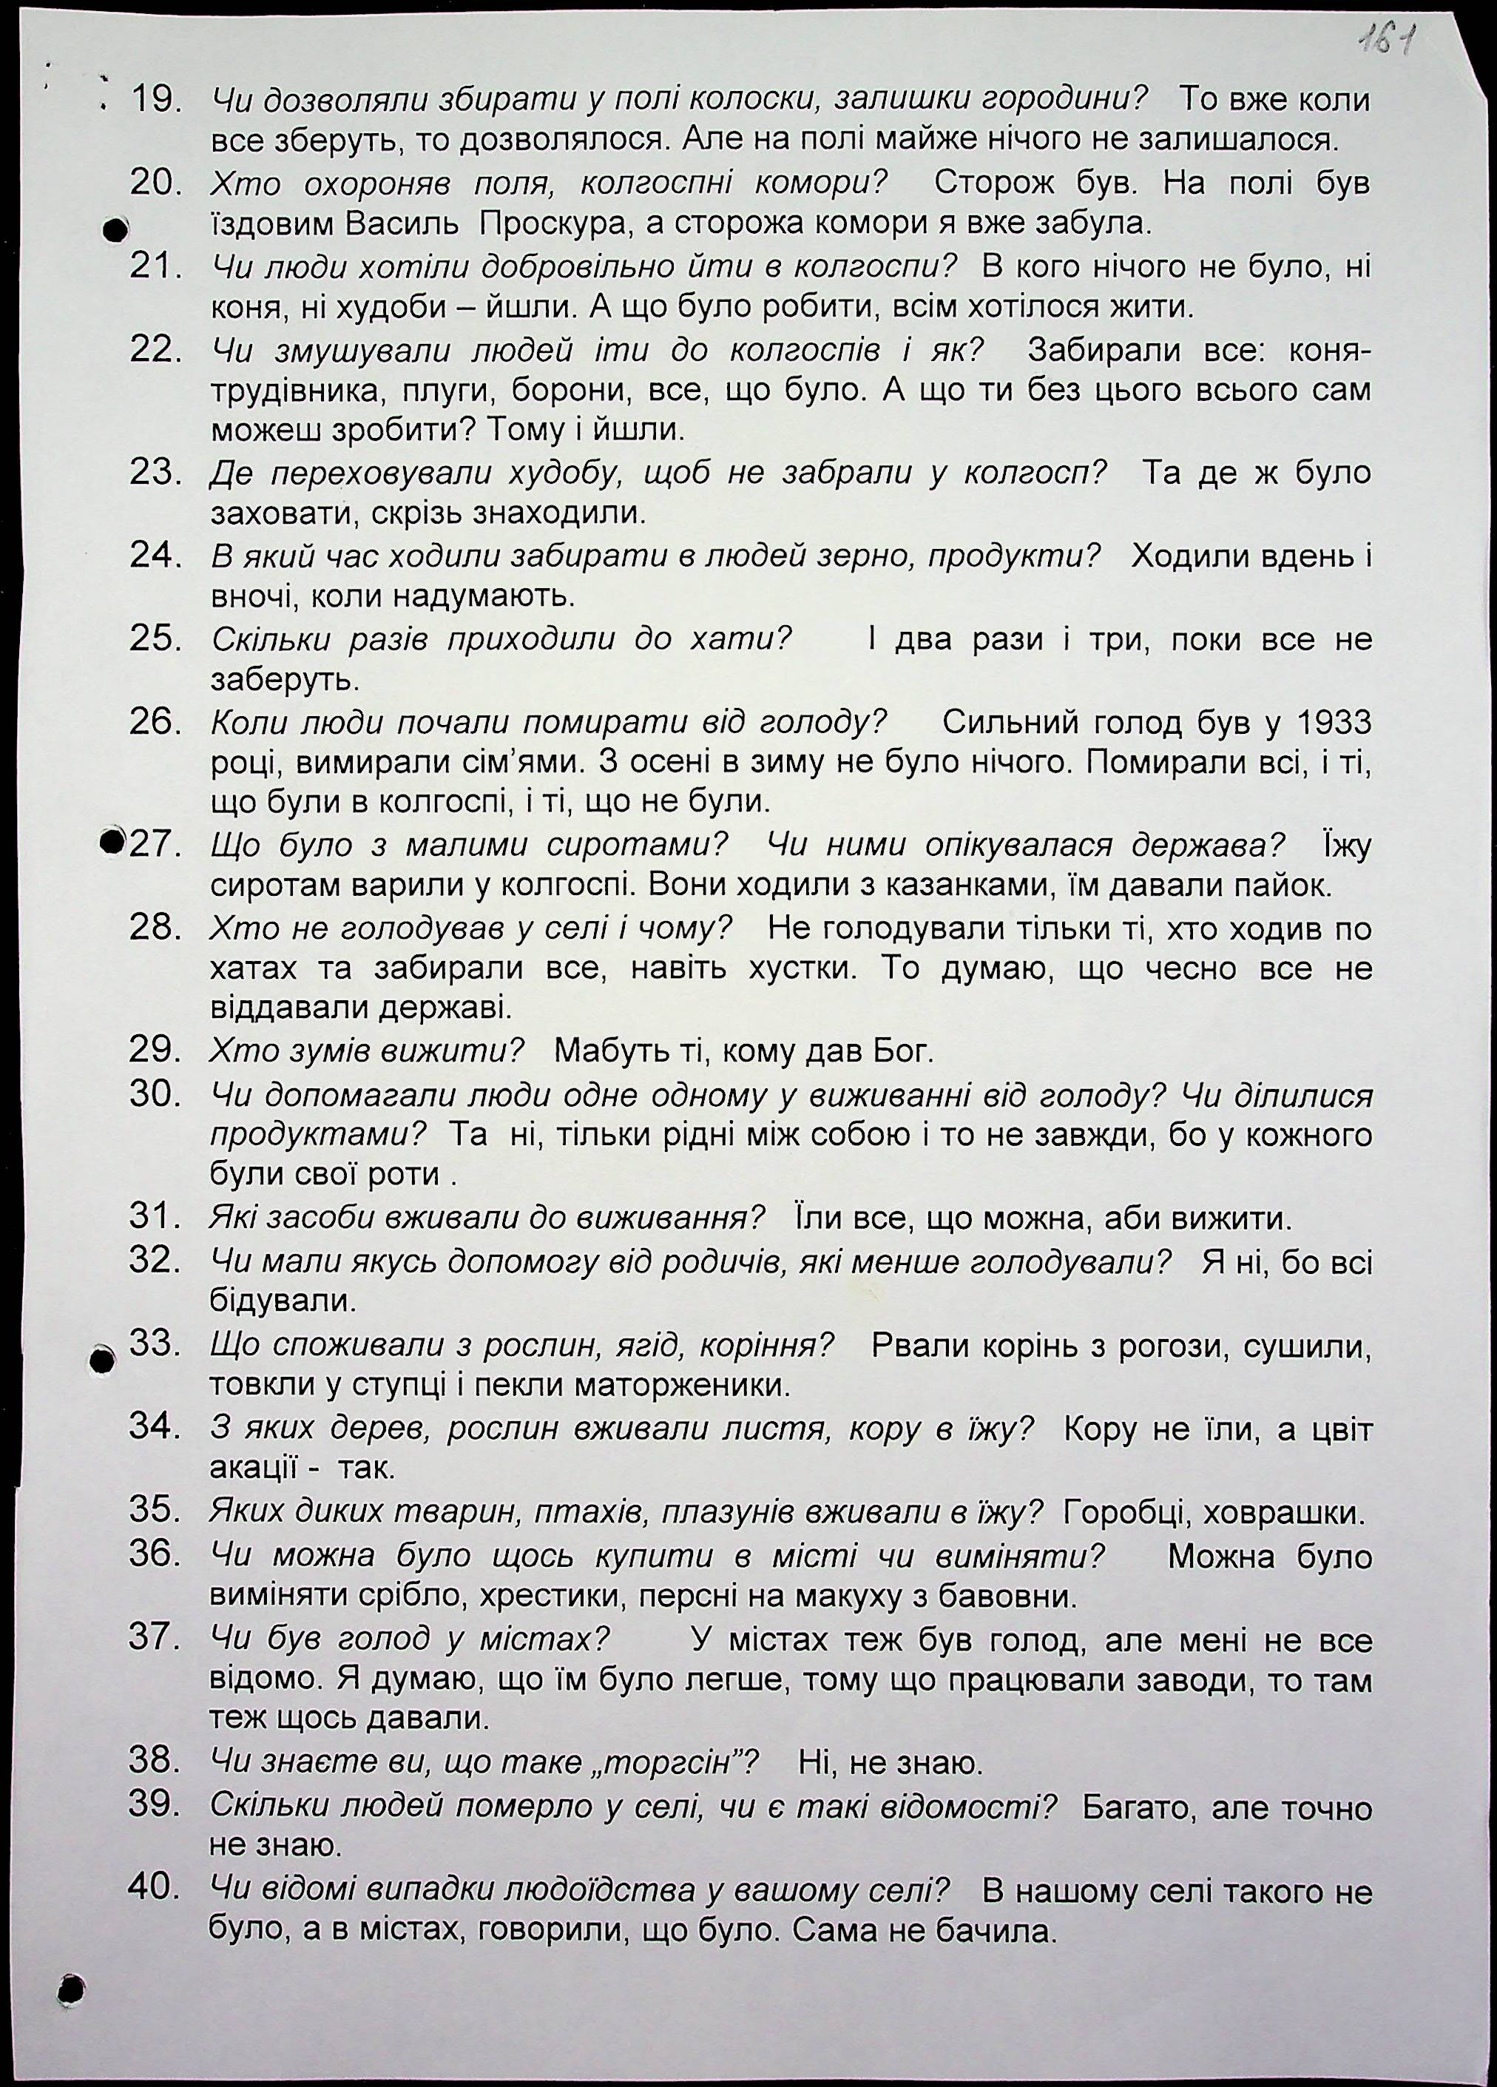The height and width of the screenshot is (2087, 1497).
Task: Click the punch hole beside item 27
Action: (x=113, y=839)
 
